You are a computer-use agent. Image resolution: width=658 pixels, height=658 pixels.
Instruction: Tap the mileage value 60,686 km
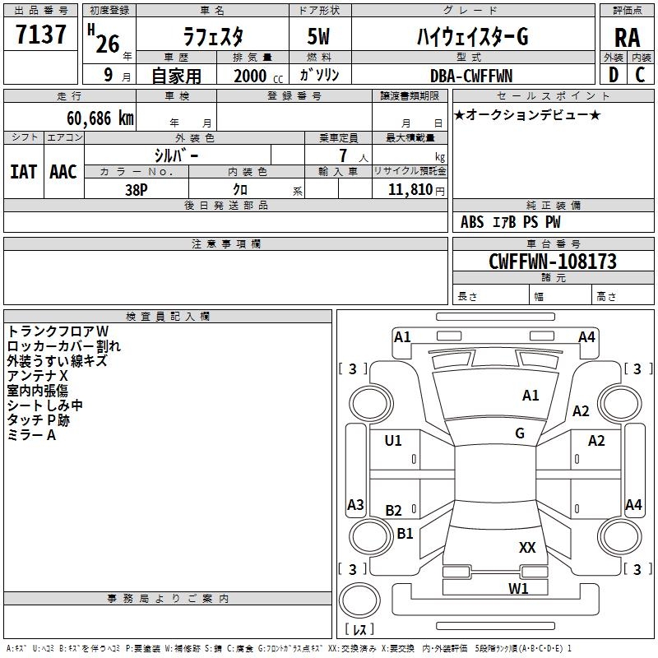pyautogui.click(x=91, y=118)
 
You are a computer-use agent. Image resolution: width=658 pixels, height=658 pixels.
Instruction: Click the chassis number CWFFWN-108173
pyautogui.click(x=552, y=262)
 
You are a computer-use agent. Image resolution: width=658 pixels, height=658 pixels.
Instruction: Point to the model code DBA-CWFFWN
pyautogui.click(x=471, y=76)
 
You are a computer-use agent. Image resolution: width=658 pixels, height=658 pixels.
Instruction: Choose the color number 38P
pyautogui.click(x=136, y=188)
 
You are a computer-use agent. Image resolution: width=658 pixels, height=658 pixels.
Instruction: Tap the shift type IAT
pyautogui.click(x=24, y=171)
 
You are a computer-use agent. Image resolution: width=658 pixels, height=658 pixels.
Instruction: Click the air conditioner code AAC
pyautogui.click(x=63, y=171)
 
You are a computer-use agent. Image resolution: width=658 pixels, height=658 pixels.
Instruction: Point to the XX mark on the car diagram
pyautogui.click(x=527, y=548)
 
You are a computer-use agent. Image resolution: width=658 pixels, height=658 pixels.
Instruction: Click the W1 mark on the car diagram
pyautogui.click(x=517, y=588)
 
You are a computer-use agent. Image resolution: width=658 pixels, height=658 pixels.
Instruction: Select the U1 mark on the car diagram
pyautogui.click(x=393, y=441)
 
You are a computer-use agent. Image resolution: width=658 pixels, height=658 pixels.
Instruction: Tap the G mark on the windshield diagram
pyautogui.click(x=520, y=433)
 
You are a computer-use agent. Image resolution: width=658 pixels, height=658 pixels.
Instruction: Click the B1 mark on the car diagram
pyautogui.click(x=405, y=534)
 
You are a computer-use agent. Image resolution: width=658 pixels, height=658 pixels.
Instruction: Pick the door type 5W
pyautogui.click(x=320, y=37)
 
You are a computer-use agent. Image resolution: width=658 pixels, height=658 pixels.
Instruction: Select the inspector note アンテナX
pyautogui.click(x=38, y=375)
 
